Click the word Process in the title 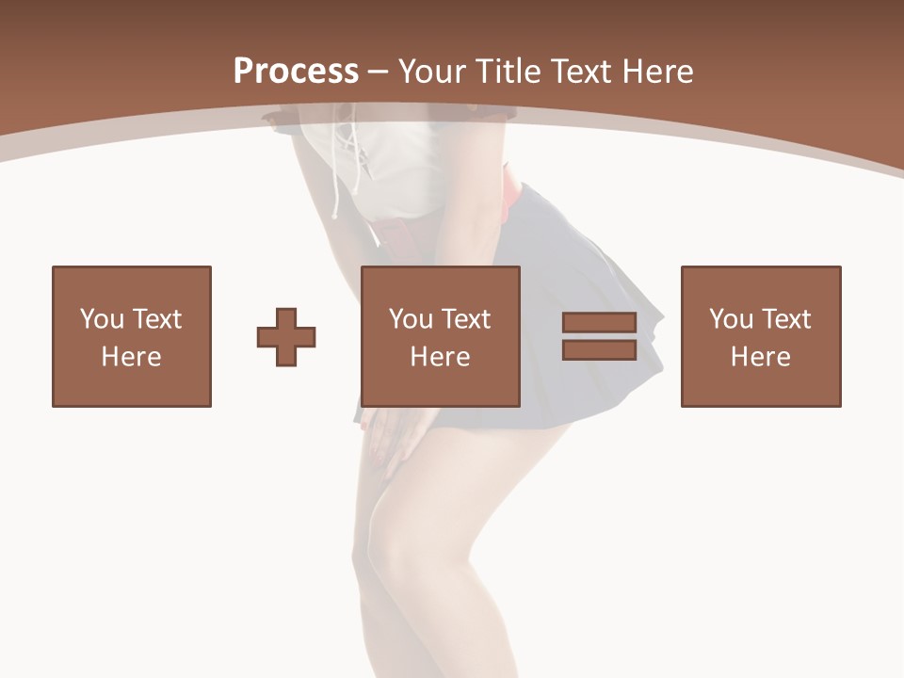296,71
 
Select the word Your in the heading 431,71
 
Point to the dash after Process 378,72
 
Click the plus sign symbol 286,337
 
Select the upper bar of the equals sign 599,323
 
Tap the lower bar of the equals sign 599,349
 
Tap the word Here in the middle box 441,357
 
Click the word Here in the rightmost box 761,357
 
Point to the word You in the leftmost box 102,319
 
